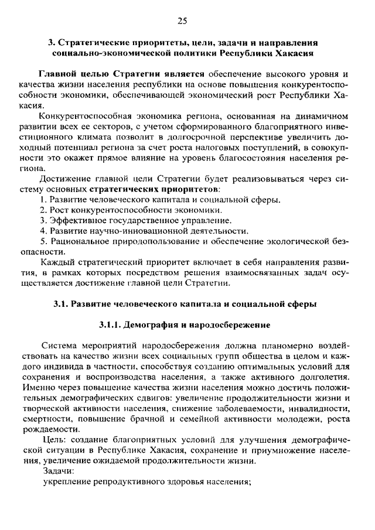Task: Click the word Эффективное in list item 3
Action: [75, 221]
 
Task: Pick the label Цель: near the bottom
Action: [56, 440]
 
